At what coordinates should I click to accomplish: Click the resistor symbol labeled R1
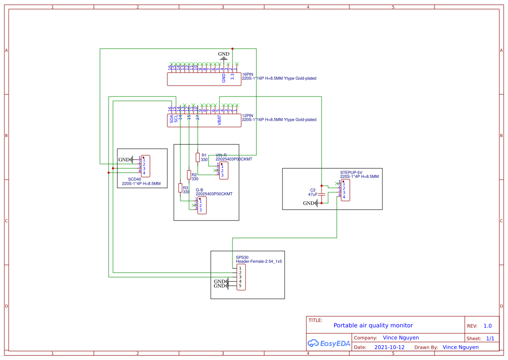198,157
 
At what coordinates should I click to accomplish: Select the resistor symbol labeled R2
189,175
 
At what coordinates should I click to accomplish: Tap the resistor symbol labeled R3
180,188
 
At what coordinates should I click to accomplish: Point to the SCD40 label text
134,179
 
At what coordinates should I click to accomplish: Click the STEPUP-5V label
351,172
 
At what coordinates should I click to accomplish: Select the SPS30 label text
242,257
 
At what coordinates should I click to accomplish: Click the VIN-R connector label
221,155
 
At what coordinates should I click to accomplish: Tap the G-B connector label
199,190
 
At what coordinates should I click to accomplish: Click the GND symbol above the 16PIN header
224,57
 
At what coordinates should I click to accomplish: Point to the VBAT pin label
219,120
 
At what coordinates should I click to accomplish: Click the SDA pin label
172,119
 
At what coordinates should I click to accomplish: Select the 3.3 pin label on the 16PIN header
232,77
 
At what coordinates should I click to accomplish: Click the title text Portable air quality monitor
373,325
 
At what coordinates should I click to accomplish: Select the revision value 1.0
487,326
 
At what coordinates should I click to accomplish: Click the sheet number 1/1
490,338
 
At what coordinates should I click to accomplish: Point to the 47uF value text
312,195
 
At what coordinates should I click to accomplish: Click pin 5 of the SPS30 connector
240,286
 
